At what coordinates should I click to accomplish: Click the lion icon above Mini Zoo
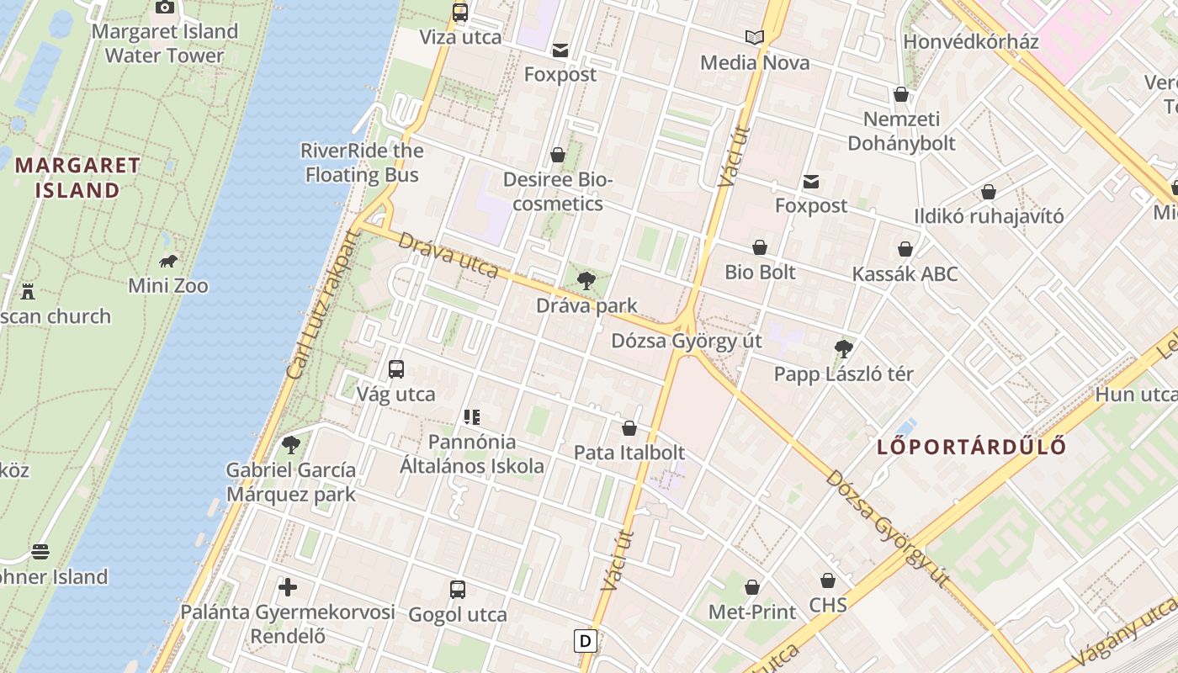(x=168, y=261)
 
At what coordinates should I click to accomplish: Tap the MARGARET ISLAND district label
(x=77, y=178)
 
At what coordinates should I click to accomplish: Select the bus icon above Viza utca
(x=460, y=12)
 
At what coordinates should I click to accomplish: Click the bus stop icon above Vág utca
(x=396, y=368)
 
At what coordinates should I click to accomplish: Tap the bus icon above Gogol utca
(x=458, y=589)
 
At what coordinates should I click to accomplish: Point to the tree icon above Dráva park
(x=586, y=281)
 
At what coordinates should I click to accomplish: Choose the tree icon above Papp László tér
(x=843, y=348)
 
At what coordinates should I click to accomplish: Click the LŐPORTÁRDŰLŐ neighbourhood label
(x=972, y=447)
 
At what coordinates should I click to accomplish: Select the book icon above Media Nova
(x=755, y=37)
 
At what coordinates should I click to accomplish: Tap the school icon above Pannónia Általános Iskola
(x=471, y=416)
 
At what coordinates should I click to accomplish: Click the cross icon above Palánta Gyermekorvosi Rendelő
(x=288, y=586)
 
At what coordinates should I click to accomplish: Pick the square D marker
(x=585, y=641)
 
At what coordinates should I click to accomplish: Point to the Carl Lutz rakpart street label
(x=322, y=305)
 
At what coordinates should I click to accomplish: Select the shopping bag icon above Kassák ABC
(x=905, y=249)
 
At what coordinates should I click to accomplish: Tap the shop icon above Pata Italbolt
(x=629, y=428)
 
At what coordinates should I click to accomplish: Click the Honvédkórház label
(x=970, y=41)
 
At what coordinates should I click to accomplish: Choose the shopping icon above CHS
(x=828, y=580)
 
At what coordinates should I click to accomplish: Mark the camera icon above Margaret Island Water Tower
(x=165, y=8)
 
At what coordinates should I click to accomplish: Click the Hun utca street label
(x=1136, y=394)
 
